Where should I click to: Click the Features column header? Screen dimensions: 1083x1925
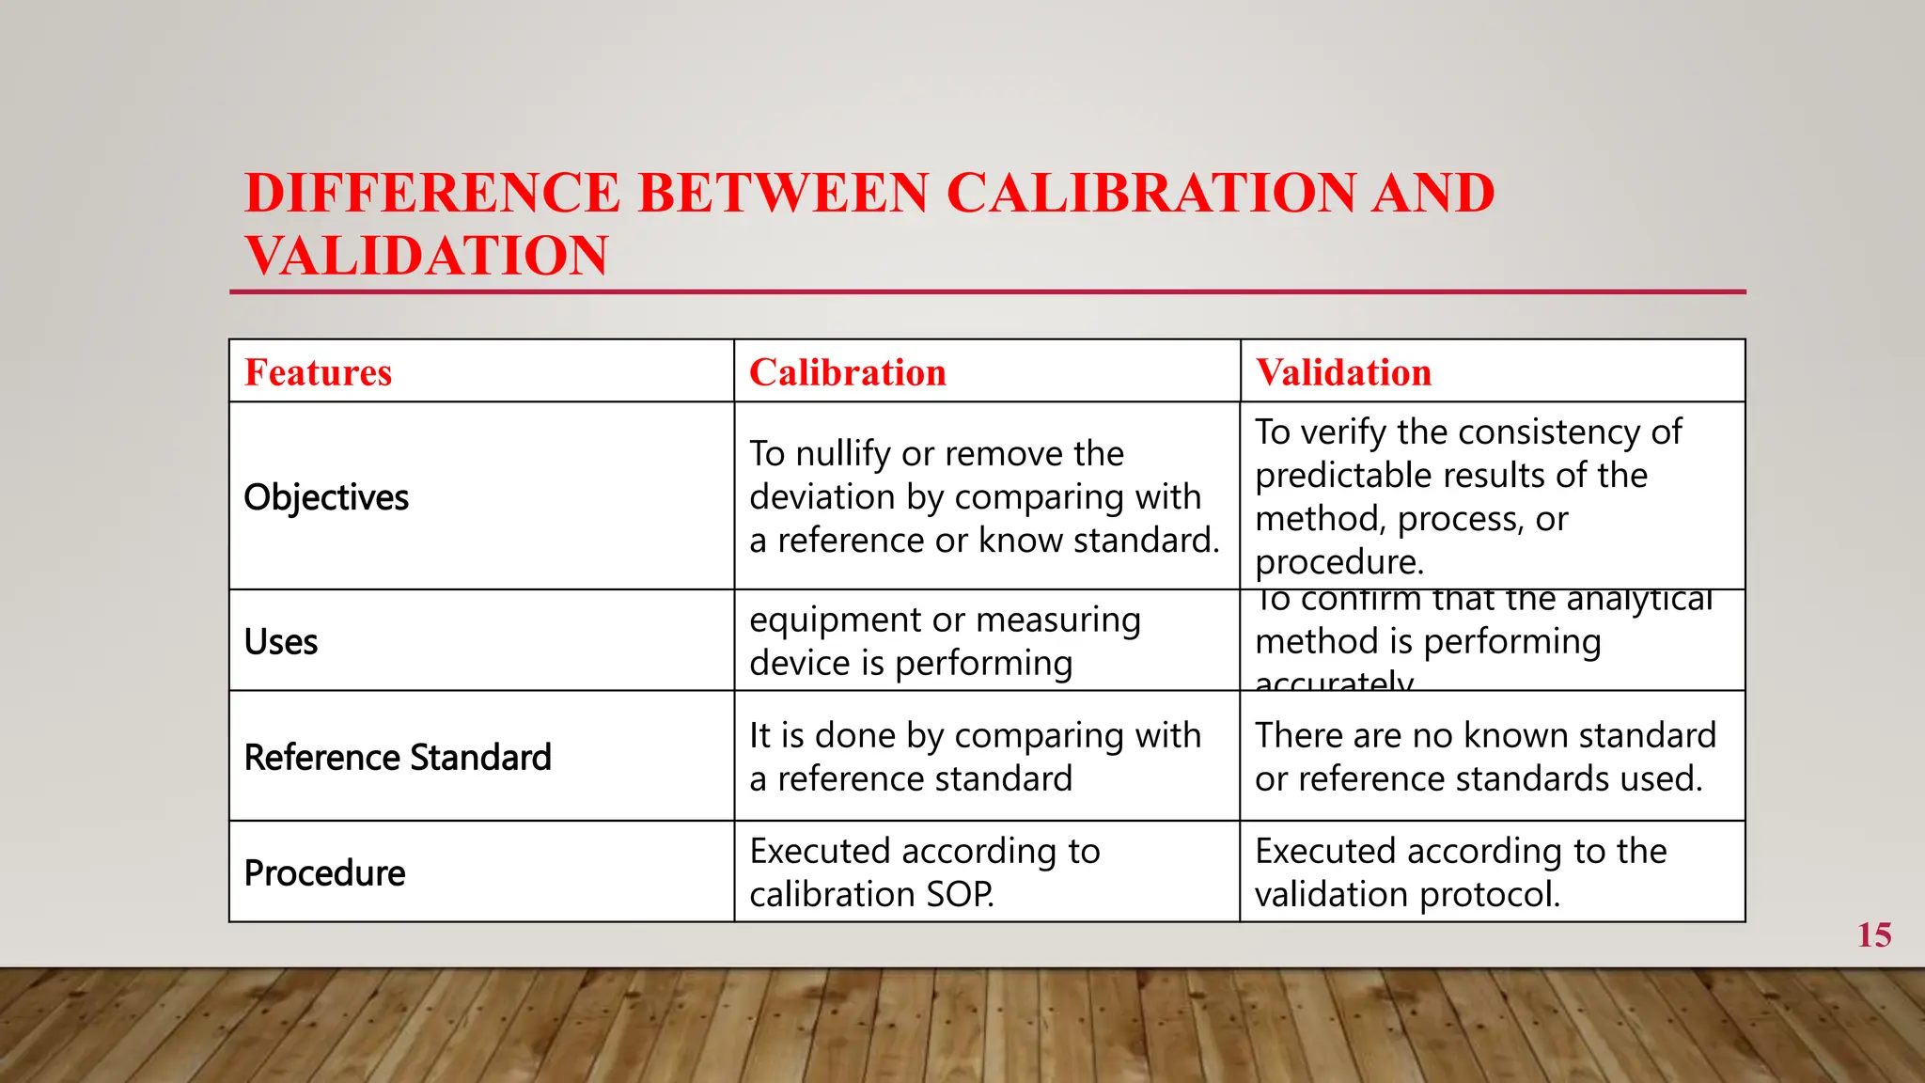pos(318,372)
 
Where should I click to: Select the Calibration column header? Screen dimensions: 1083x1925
pos(847,372)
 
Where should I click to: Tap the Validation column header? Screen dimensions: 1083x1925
pos(1343,372)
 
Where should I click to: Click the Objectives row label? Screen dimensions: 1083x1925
pos(326,497)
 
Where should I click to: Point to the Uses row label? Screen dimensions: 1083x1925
pos(281,642)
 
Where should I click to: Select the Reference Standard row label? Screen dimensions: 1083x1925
pos(398,758)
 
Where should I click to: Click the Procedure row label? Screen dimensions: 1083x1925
pos(324,873)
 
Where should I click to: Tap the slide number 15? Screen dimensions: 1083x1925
pos(1873,935)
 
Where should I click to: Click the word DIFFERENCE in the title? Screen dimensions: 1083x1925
pos(432,193)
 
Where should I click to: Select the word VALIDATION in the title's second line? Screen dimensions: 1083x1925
pos(427,256)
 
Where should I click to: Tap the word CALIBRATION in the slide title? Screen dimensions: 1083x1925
pos(1150,193)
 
